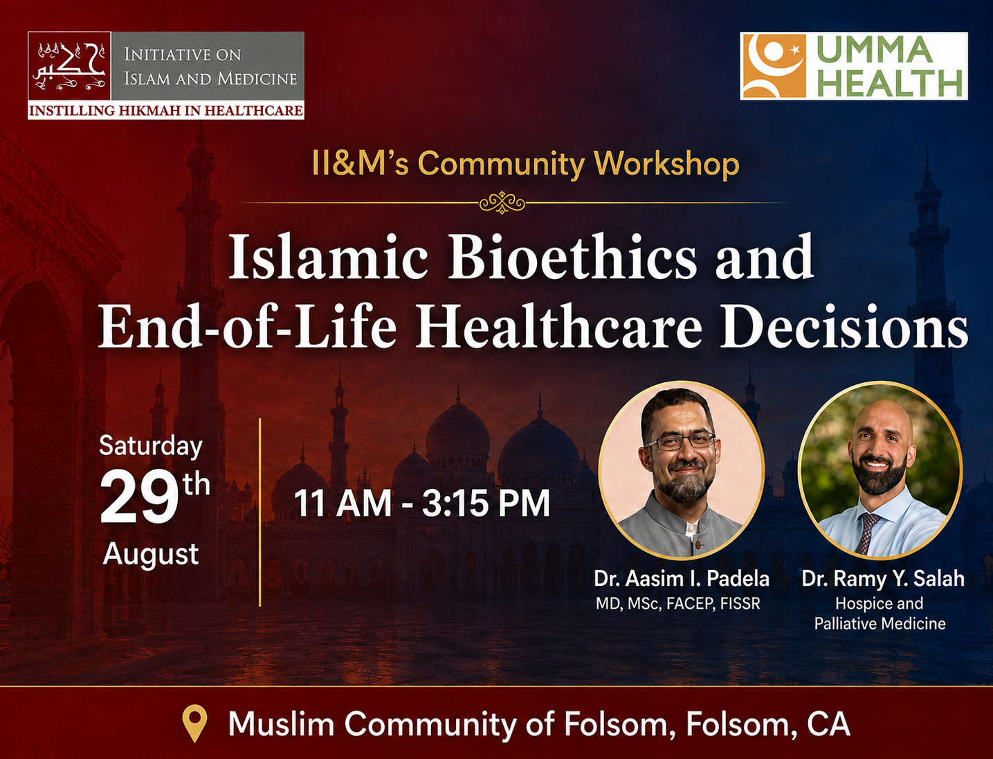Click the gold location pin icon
click(x=194, y=723)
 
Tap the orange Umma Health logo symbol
click(x=773, y=66)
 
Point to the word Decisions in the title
click(x=844, y=326)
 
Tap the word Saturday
click(x=151, y=447)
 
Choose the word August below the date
click(x=151, y=555)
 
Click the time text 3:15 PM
click(x=486, y=503)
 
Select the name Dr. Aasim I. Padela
click(x=682, y=579)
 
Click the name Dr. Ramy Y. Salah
click(x=882, y=579)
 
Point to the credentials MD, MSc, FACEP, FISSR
click(x=677, y=603)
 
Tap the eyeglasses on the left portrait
click(x=680, y=440)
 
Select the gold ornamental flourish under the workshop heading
click(x=502, y=202)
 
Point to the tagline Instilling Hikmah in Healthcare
click(x=166, y=111)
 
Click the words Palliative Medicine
click(x=880, y=623)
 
